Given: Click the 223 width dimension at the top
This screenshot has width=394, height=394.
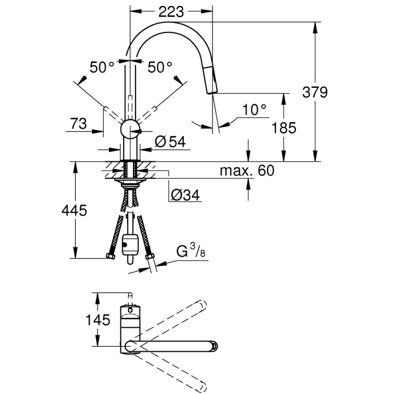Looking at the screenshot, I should pyautogui.click(x=172, y=11).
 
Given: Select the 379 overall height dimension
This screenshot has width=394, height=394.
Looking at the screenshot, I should pyautogui.click(x=315, y=92).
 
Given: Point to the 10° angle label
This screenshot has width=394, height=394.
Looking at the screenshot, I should pyautogui.click(x=254, y=110).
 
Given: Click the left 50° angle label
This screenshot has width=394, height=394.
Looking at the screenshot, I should pyautogui.click(x=102, y=67).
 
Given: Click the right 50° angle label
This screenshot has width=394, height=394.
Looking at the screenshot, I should pyautogui.click(x=160, y=67).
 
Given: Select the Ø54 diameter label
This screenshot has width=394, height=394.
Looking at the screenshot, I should pyautogui.click(x=169, y=142).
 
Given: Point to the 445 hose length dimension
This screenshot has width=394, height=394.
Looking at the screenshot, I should pyautogui.click(x=73, y=211).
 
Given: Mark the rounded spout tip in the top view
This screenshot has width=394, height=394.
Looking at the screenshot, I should pyautogui.click(x=213, y=345).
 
